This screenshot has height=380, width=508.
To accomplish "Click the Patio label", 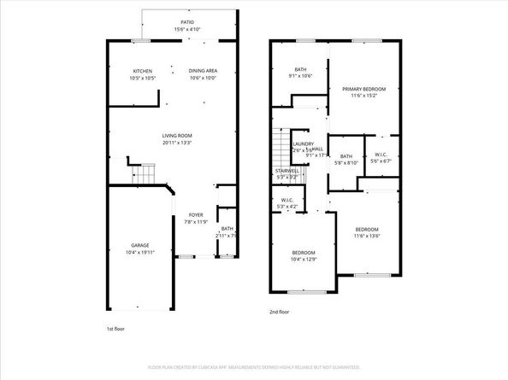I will pyautogui.click(x=186, y=22).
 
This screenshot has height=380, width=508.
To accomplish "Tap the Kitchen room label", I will pyautogui.click(x=143, y=71).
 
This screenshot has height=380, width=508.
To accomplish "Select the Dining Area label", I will pyautogui.click(x=203, y=71).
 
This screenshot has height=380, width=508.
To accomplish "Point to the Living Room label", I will pyautogui.click(x=177, y=136).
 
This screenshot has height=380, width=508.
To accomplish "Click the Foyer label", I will pyautogui.click(x=196, y=214).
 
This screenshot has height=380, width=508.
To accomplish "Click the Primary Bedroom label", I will pyautogui.click(x=364, y=89).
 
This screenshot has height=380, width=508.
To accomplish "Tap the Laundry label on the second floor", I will pyautogui.click(x=303, y=144).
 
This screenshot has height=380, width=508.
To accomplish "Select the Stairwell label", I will pyautogui.click(x=286, y=171).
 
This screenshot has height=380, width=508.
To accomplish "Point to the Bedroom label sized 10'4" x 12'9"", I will pyautogui.click(x=304, y=253).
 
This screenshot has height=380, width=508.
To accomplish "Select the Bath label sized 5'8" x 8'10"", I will pyautogui.click(x=346, y=156).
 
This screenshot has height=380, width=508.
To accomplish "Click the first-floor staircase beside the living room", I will pyautogui.click(x=144, y=175).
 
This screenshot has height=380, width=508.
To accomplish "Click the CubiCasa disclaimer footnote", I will pyautogui.click(x=254, y=366).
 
